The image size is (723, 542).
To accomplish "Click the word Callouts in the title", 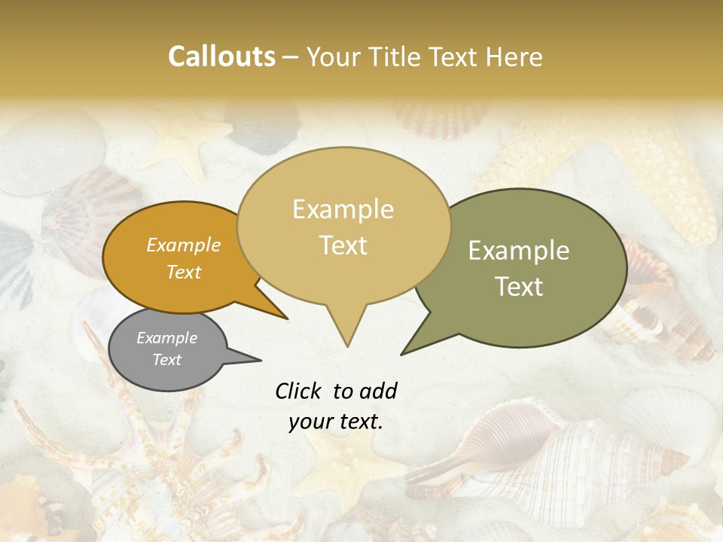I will (x=221, y=56).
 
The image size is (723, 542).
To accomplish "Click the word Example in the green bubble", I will (x=518, y=251).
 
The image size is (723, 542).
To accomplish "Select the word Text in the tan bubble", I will (x=343, y=245).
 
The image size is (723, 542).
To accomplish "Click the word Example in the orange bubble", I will (x=184, y=245).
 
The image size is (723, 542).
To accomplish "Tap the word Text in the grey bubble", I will (x=167, y=360).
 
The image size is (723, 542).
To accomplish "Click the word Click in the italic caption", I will (x=299, y=391).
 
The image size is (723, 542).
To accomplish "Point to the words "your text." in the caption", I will (x=336, y=422).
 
